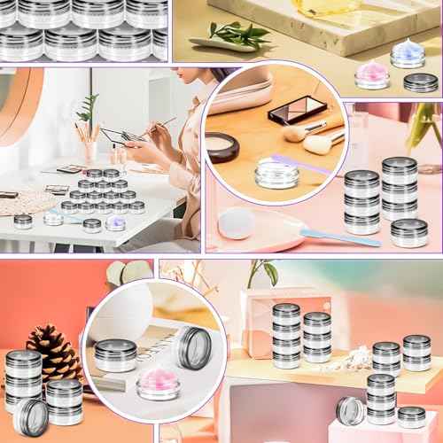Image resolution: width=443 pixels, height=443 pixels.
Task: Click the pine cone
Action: [x=54, y=352]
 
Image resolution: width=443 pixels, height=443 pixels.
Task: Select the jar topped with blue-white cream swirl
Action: [x=408, y=54]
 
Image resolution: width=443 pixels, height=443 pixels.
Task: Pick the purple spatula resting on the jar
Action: [x=300, y=163]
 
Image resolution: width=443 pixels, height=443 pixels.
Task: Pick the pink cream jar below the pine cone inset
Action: [x=159, y=383]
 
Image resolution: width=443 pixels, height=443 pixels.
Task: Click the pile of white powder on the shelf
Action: [x=351, y=358]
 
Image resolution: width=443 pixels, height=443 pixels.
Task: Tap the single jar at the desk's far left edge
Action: [x=23, y=221]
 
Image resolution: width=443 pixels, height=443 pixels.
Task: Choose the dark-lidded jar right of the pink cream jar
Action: [x=420, y=83]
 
